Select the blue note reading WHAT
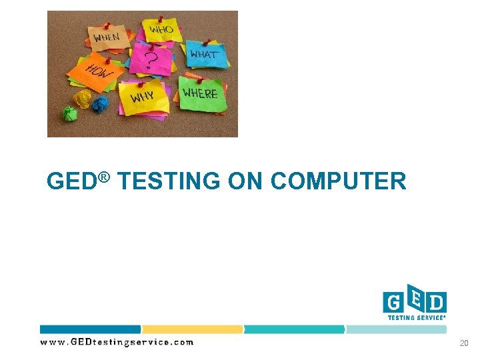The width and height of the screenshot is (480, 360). click(205, 53)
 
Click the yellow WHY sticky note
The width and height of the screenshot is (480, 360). click(141, 97)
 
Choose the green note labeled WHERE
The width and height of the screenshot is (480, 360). click(200, 93)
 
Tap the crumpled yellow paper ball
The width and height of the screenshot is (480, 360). click(83, 99)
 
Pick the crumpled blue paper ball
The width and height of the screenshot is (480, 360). click(100, 104)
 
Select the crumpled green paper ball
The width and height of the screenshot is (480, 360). click(69, 113)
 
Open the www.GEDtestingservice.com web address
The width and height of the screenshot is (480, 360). click(117, 343)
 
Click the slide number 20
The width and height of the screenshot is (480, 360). click(464, 343)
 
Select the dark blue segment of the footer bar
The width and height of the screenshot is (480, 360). click(91, 329)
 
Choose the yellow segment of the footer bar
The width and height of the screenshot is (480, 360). click(193, 329)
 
